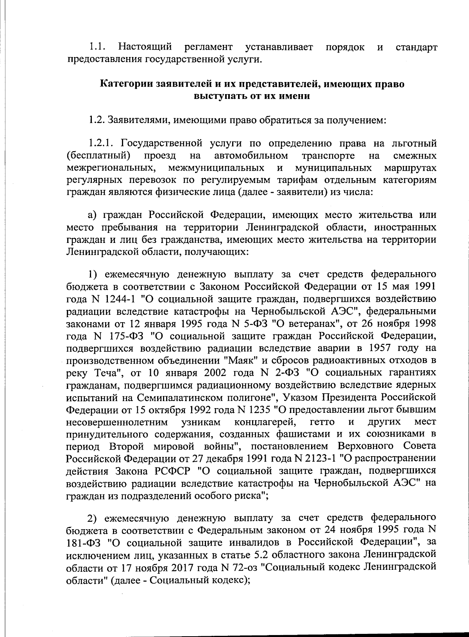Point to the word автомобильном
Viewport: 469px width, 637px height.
tap(251, 156)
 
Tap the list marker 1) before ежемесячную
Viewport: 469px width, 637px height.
tap(92, 274)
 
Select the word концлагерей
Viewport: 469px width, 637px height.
tap(265, 422)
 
